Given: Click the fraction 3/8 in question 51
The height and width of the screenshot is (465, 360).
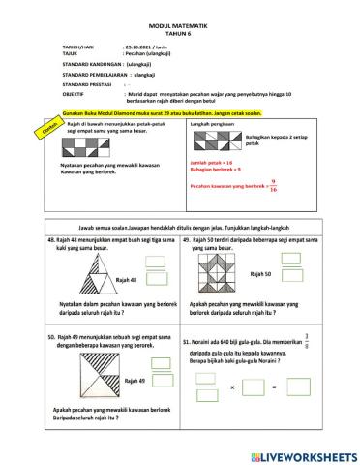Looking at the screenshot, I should point(334,340).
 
